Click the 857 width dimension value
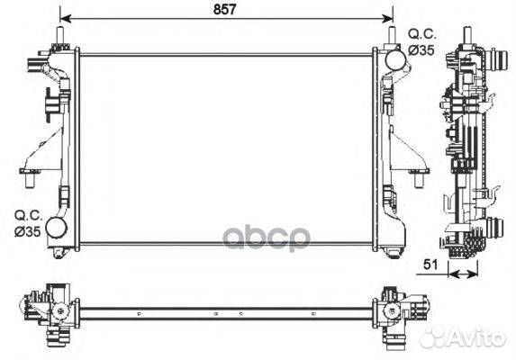point(225,9)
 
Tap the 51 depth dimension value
point(430,265)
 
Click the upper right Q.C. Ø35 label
point(421,41)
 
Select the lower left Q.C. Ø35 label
point(28,224)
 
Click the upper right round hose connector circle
point(395,59)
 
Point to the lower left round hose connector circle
point(56,227)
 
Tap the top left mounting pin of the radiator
point(60,35)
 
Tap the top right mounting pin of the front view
point(392,35)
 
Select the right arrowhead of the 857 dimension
point(387,18)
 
